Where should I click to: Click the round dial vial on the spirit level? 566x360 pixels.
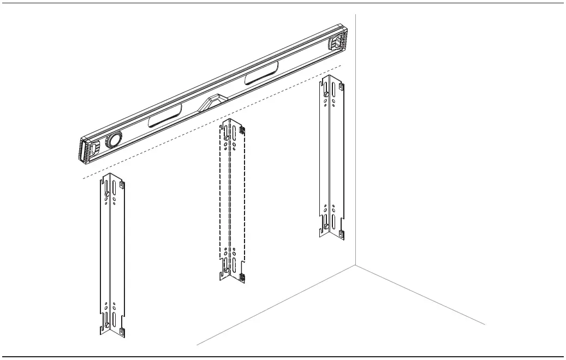tap(114, 140)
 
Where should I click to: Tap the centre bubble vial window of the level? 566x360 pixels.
tap(214, 101)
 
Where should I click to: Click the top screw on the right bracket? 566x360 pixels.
tap(326, 94)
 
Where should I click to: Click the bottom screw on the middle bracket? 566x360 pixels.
tap(225, 268)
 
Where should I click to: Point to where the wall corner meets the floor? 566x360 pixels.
tap(356, 266)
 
